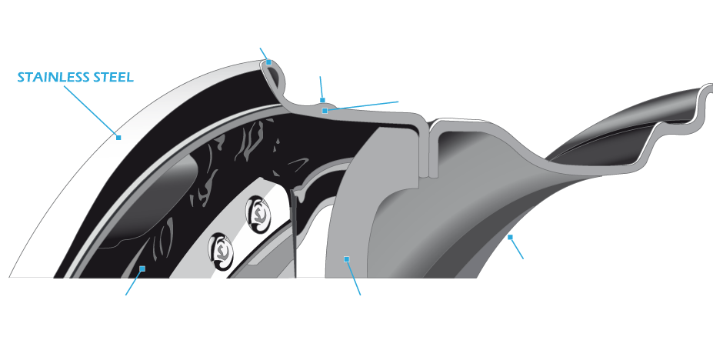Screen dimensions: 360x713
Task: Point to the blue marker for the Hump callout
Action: pos(323,99)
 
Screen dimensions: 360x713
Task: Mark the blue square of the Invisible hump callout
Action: pos(325,112)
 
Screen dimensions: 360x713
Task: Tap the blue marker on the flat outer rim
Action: pos(119,138)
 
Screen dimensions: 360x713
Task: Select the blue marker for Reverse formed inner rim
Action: pos(508,238)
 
